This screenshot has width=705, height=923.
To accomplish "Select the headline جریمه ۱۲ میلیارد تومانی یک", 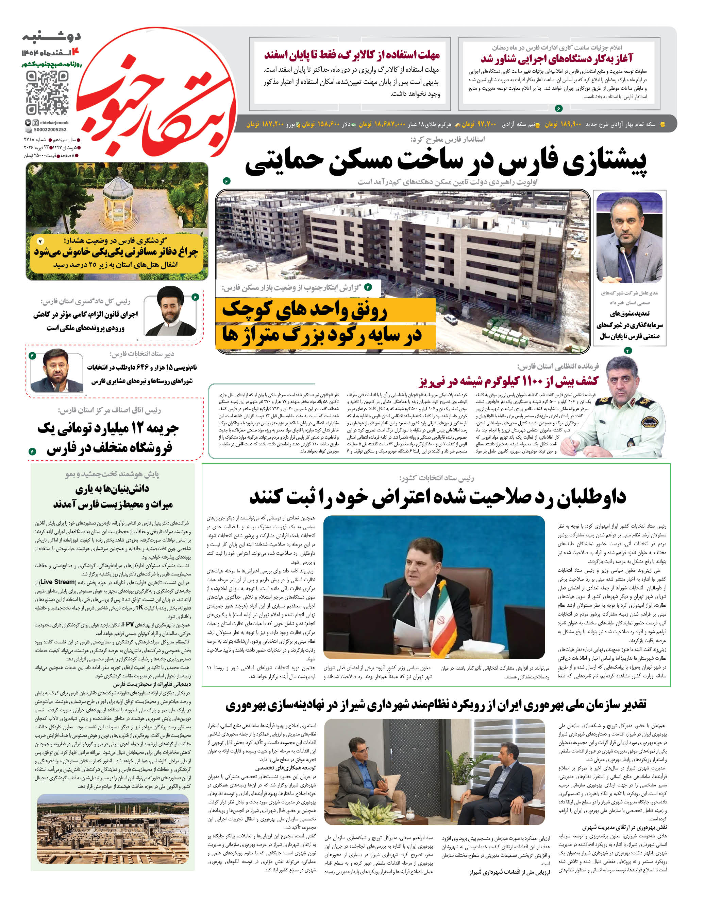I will (x=108, y=428).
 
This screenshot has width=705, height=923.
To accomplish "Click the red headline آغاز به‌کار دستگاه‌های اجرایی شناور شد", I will (x=556, y=58).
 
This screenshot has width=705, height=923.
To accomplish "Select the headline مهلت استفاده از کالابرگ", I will (x=352, y=55).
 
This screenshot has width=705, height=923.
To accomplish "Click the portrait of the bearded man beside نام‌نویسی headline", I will (x=57, y=371).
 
